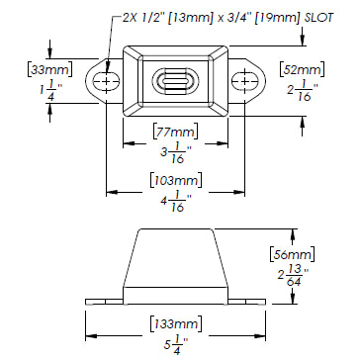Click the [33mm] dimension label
(49, 70)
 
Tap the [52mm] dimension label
(302, 70)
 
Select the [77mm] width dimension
(176, 132)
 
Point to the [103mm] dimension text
(176, 180)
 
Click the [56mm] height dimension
(292, 254)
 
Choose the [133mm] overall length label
(176, 323)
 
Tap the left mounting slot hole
(106, 80)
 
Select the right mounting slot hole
(245, 80)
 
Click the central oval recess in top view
(175, 81)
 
